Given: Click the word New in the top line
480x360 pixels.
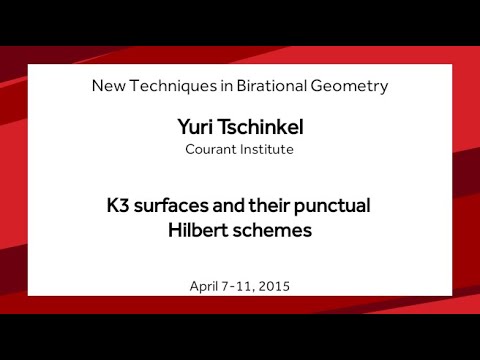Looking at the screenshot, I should click(x=108, y=86).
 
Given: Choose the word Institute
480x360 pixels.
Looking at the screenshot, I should click(x=267, y=150).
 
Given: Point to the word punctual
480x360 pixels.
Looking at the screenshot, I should click(x=332, y=208).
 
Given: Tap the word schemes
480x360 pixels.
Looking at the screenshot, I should click(x=272, y=230).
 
